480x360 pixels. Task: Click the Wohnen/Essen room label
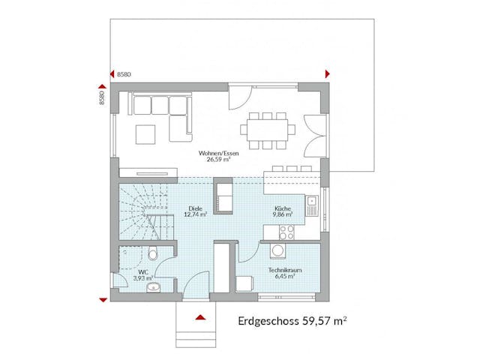[x=214, y=153]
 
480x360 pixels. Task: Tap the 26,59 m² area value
[x=214, y=160]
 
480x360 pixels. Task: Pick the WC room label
[x=142, y=271]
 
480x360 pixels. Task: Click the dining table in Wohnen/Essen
[x=267, y=128]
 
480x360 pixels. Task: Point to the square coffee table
[x=145, y=133]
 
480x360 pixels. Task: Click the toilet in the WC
[x=152, y=253]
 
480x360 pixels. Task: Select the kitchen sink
[x=313, y=202]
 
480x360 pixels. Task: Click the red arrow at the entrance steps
[x=201, y=318]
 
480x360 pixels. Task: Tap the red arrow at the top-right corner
[x=327, y=73]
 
